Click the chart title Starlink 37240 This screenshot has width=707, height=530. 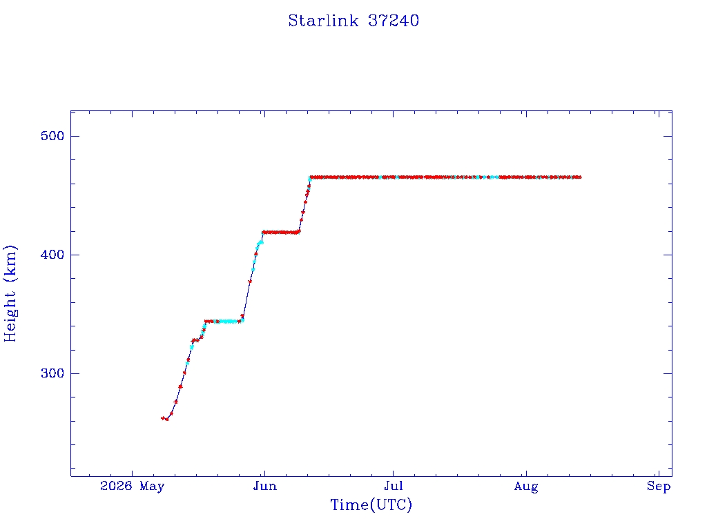[353, 21]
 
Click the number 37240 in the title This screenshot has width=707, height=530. [394, 21]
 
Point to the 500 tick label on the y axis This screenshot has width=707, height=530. [52, 136]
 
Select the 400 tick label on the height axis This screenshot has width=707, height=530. [52, 255]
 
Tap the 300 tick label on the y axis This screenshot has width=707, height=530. [52, 373]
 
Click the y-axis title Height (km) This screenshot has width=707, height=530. [10, 293]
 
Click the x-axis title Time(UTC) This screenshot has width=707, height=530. [371, 504]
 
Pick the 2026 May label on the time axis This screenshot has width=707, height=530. [132, 486]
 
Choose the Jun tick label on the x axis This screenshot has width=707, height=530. [264, 486]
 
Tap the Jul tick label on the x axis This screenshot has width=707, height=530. [393, 486]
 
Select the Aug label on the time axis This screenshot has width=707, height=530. [526, 487]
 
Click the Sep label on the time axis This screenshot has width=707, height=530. [659, 487]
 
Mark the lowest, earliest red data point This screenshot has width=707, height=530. [163, 418]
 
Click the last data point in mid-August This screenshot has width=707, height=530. [579, 177]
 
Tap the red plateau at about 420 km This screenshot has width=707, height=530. [281, 233]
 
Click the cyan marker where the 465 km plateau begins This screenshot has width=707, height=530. [310, 179]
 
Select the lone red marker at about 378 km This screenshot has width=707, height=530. [250, 282]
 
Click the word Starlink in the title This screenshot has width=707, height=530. [323, 21]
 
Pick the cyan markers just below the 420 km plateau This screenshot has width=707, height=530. [260, 244]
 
